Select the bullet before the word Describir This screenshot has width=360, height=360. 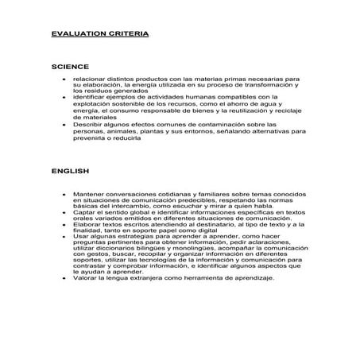63,125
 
